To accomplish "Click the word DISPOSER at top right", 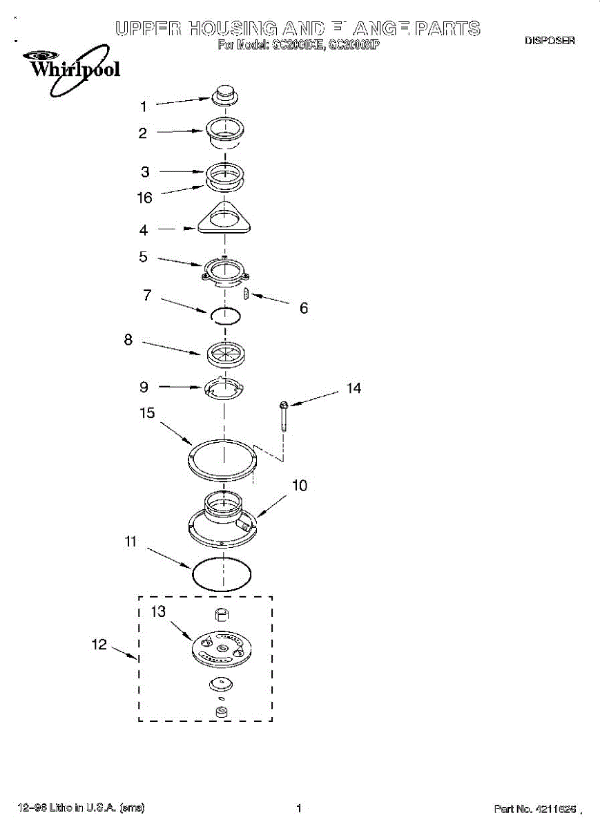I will click(550, 41).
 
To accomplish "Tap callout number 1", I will click(144, 106).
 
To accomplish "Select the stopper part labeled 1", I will click(225, 95).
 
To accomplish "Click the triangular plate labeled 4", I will click(225, 220).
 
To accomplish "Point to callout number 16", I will click(144, 198).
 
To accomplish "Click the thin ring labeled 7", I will click(225, 316).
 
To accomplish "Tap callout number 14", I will click(354, 388).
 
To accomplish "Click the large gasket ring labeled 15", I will click(222, 458).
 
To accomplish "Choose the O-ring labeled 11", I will click(221, 575).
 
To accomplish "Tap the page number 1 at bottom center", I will click(298, 808).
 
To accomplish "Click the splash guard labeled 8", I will click(225, 353).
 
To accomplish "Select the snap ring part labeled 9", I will click(224, 388).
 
